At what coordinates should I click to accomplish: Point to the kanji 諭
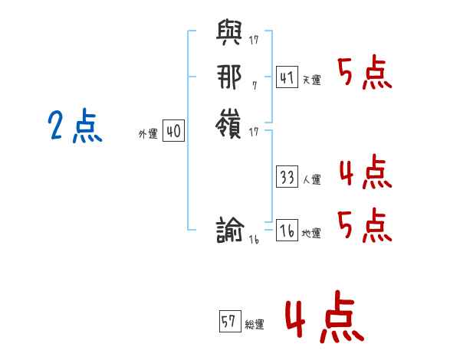231,231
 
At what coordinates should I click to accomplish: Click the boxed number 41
287,77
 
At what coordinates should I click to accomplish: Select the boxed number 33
287,177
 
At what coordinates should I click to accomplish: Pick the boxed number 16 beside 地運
287,231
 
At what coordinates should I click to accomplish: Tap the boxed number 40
173,131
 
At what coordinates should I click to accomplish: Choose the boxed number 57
229,322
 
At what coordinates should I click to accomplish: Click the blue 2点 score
74,127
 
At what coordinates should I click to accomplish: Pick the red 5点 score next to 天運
365,74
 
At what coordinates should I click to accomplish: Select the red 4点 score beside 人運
365,172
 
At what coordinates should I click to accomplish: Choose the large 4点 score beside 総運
324,320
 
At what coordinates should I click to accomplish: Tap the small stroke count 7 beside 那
255,86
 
